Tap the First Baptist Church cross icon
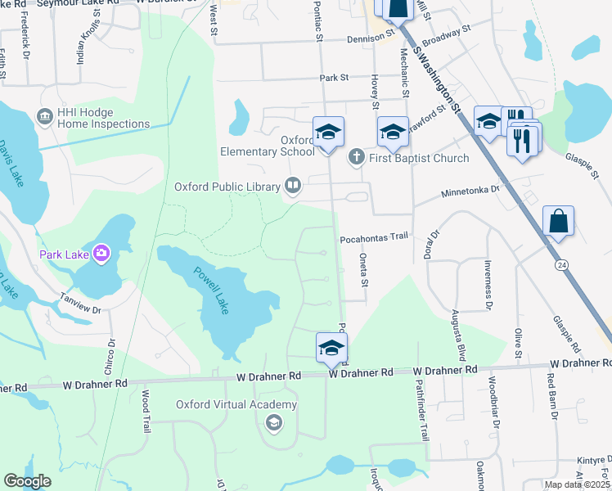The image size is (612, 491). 356,157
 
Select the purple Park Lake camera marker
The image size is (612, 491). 101,253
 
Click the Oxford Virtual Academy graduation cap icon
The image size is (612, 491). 274,422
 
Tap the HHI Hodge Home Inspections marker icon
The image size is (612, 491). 44,118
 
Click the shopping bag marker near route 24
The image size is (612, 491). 558,222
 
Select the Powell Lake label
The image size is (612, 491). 208,291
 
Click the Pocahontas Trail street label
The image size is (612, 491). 373,237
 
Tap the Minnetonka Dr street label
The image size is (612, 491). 470,190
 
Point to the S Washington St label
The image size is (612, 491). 439,81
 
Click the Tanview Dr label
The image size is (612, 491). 79,304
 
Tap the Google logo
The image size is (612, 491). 27,480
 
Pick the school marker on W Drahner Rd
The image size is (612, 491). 331,346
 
